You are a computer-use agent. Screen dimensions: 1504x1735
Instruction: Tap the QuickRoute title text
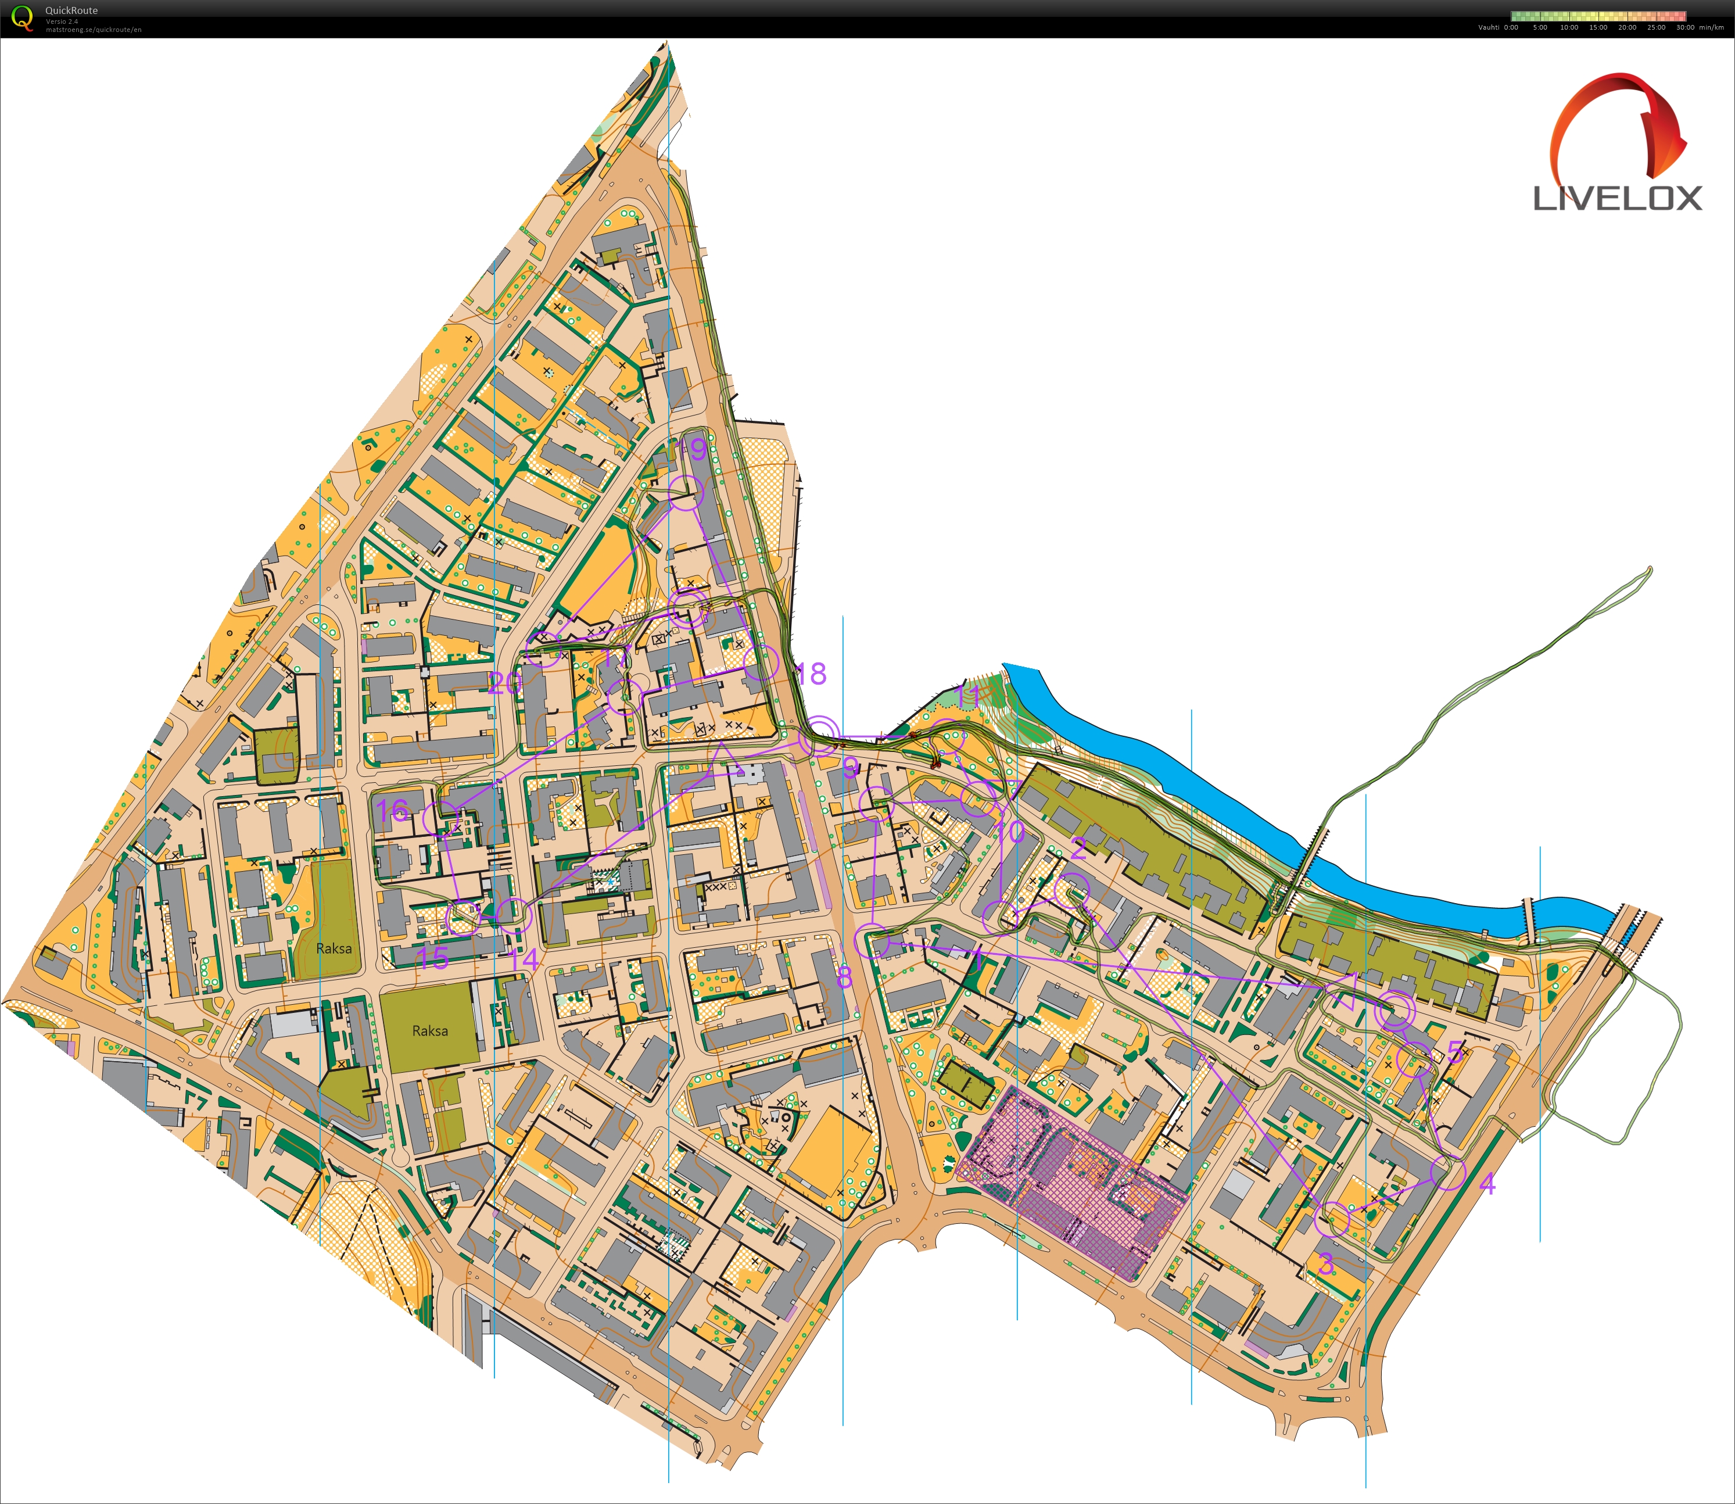click(71, 10)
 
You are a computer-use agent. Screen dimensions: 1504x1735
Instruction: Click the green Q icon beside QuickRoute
click(23, 17)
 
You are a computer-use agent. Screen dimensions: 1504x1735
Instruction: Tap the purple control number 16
click(393, 811)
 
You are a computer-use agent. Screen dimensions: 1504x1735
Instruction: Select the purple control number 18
click(811, 673)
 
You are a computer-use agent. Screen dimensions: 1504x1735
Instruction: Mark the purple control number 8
click(844, 977)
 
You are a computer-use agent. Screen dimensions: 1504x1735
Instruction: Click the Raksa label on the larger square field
click(429, 1030)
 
